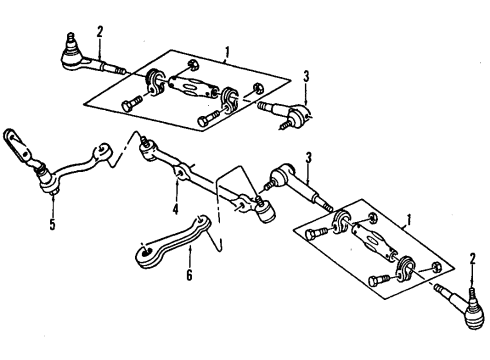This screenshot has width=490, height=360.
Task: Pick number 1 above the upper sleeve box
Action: click(x=228, y=51)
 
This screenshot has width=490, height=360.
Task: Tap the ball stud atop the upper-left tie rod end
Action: click(x=71, y=40)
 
